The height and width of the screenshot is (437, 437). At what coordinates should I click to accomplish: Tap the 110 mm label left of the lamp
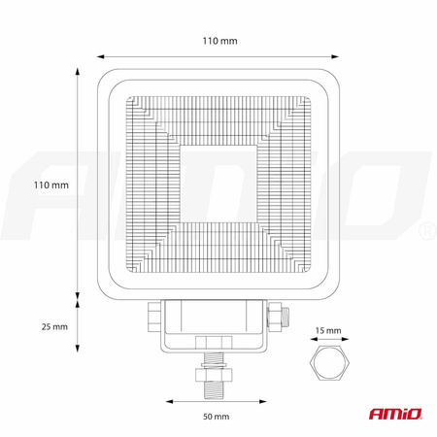coord(50,184)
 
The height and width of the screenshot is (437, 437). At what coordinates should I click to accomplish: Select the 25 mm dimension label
coord(54,326)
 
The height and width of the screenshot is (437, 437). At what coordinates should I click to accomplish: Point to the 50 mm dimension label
coord(216,417)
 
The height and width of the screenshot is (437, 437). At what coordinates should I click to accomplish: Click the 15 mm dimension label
coord(329,331)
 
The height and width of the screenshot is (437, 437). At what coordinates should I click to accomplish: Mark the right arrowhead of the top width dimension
coord(342,55)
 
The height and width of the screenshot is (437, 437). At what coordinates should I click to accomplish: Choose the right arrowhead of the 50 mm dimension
coord(265,399)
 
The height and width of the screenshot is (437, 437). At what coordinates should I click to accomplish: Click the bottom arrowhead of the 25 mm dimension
coord(79,353)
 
